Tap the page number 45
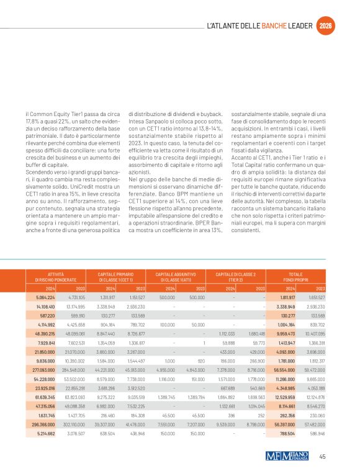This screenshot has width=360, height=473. tap(322, 457)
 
